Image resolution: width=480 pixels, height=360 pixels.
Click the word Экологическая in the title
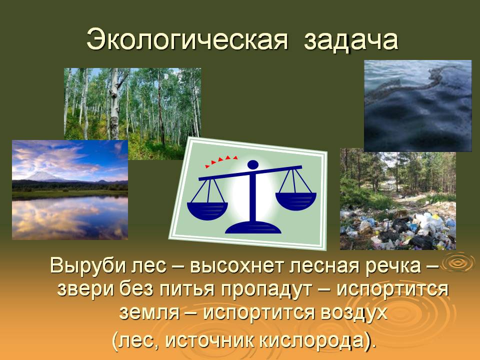[187, 40]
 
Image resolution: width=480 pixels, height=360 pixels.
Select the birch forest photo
[132, 113]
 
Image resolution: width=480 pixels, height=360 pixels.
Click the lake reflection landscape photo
[70, 190]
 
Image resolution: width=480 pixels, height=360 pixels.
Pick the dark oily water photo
[417, 106]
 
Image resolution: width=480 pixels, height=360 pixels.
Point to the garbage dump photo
[398, 199]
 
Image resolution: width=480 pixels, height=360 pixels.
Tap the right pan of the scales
[295, 201]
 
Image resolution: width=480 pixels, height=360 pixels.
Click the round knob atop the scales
[253, 164]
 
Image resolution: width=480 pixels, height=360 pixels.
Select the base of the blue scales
[253, 227]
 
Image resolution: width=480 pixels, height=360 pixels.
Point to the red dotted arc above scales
[221, 161]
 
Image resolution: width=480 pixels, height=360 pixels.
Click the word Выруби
[88, 265]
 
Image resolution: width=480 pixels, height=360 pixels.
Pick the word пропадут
[265, 289]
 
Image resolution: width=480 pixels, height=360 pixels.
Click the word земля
[149, 312]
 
